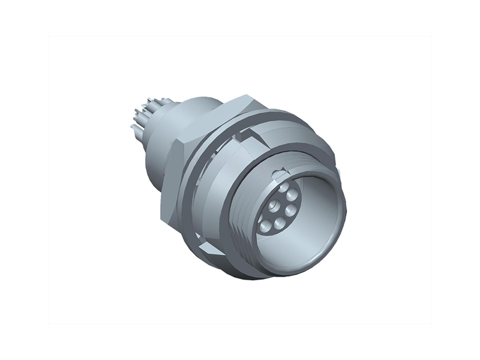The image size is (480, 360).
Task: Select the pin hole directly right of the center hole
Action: pyautogui.click(x=290, y=210)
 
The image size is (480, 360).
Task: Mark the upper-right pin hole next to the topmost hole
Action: pyautogui.click(x=292, y=195)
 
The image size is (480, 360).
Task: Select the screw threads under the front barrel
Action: pyautogui.click(x=240, y=240)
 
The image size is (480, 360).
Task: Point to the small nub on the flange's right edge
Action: pyautogui.click(x=340, y=172)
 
